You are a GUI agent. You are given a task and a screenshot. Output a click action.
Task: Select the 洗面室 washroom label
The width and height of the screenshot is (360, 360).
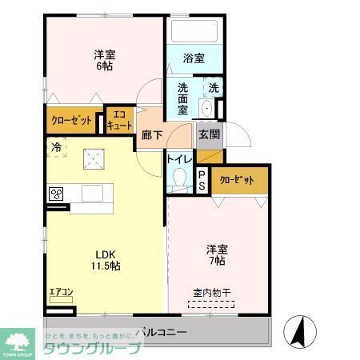coord(182,97)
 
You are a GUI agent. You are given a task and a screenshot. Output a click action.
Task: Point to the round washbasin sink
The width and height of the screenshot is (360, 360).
coord(206,110)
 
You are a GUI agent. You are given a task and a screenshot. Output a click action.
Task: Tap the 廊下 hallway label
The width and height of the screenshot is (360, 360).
coord(152,135)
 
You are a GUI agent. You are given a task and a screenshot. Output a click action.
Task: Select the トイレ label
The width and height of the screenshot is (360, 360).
coord(178,158)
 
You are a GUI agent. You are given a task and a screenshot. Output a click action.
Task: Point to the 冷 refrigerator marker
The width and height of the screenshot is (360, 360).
coord(57,146)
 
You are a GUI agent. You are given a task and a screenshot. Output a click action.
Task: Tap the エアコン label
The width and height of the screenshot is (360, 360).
coord(61,292)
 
